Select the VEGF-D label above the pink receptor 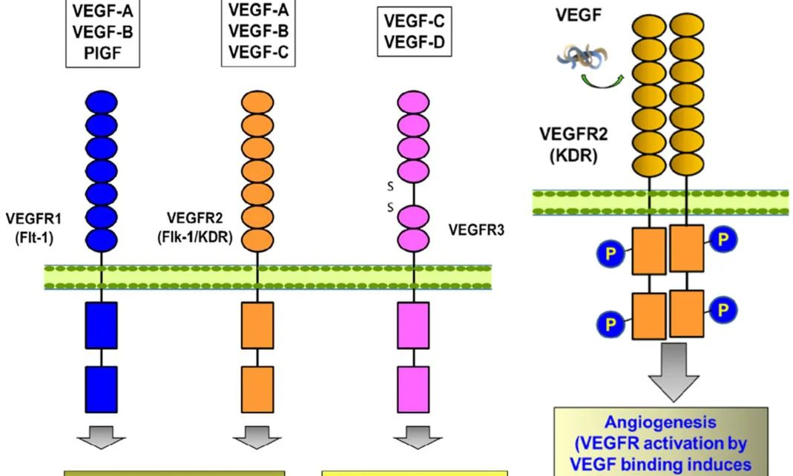tap(415, 42)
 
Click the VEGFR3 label tap(477, 230)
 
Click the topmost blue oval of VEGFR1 tap(102, 102)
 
